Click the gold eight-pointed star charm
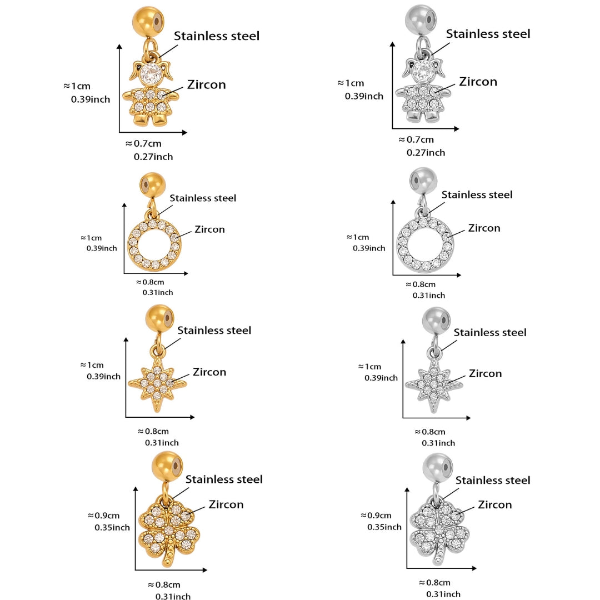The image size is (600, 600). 157,383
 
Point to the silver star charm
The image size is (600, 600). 433,383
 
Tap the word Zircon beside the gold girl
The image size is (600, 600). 206,84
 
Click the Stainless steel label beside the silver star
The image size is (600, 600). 490,332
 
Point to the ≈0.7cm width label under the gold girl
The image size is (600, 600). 143,143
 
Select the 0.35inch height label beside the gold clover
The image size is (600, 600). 112,527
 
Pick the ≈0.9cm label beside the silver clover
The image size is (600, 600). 376,515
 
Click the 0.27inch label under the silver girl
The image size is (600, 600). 426,152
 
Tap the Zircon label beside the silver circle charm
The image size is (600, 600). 484,228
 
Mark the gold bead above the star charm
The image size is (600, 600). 160,319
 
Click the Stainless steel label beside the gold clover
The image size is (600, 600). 224,479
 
